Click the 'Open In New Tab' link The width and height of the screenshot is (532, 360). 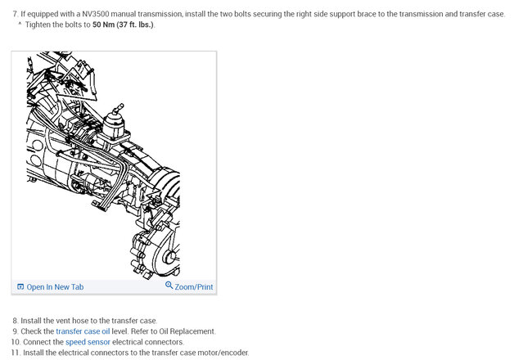[55, 287]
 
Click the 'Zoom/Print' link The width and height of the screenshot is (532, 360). [194, 287]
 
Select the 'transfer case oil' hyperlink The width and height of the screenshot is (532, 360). [83, 331]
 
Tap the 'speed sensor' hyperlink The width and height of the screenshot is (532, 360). [88, 342]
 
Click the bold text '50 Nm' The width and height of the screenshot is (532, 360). [103, 25]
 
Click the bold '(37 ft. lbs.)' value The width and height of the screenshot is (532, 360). [135, 25]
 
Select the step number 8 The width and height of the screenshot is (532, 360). [16, 321]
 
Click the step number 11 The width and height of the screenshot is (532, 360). [16, 353]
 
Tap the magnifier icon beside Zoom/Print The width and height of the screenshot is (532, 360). [169, 286]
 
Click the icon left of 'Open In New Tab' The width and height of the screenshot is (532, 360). [20, 287]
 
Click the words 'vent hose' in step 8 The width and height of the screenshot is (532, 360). [81, 321]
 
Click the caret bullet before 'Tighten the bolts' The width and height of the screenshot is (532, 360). [20, 24]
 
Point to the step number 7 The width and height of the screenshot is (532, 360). [16, 14]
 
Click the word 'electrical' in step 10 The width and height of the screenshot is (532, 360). [128, 342]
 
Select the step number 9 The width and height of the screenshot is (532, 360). [16, 331]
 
